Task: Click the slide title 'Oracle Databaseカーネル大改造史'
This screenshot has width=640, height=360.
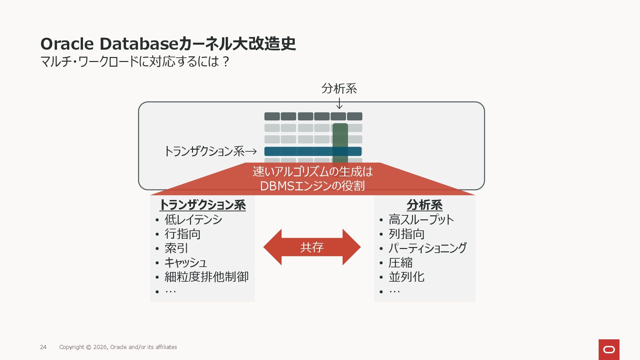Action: point(168,44)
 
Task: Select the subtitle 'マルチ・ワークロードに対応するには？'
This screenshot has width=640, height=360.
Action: point(135,61)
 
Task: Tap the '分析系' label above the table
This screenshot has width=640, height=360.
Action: point(339,88)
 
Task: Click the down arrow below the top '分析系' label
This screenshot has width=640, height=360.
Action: point(339,103)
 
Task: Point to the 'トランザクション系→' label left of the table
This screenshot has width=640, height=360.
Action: point(210,151)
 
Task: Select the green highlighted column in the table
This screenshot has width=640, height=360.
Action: point(340,137)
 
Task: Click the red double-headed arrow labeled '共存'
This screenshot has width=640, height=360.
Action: point(312,247)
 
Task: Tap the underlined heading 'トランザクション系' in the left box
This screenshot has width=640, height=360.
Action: point(203,205)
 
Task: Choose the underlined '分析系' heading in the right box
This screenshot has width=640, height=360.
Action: point(424,205)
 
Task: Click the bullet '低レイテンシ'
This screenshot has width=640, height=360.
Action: point(193,219)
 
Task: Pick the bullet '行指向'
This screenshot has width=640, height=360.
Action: point(182,234)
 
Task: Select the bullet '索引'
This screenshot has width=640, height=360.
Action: point(176,248)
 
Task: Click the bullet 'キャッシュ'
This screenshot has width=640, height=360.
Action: point(186,262)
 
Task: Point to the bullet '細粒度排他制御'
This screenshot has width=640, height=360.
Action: point(206,277)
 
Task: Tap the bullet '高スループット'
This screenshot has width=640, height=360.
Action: point(421,219)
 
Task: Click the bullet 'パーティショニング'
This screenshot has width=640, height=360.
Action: point(427,248)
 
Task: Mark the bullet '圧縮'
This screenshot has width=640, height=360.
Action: point(400,262)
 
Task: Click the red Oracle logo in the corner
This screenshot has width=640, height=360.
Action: point(609,349)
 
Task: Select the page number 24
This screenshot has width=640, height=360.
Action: point(43,347)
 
